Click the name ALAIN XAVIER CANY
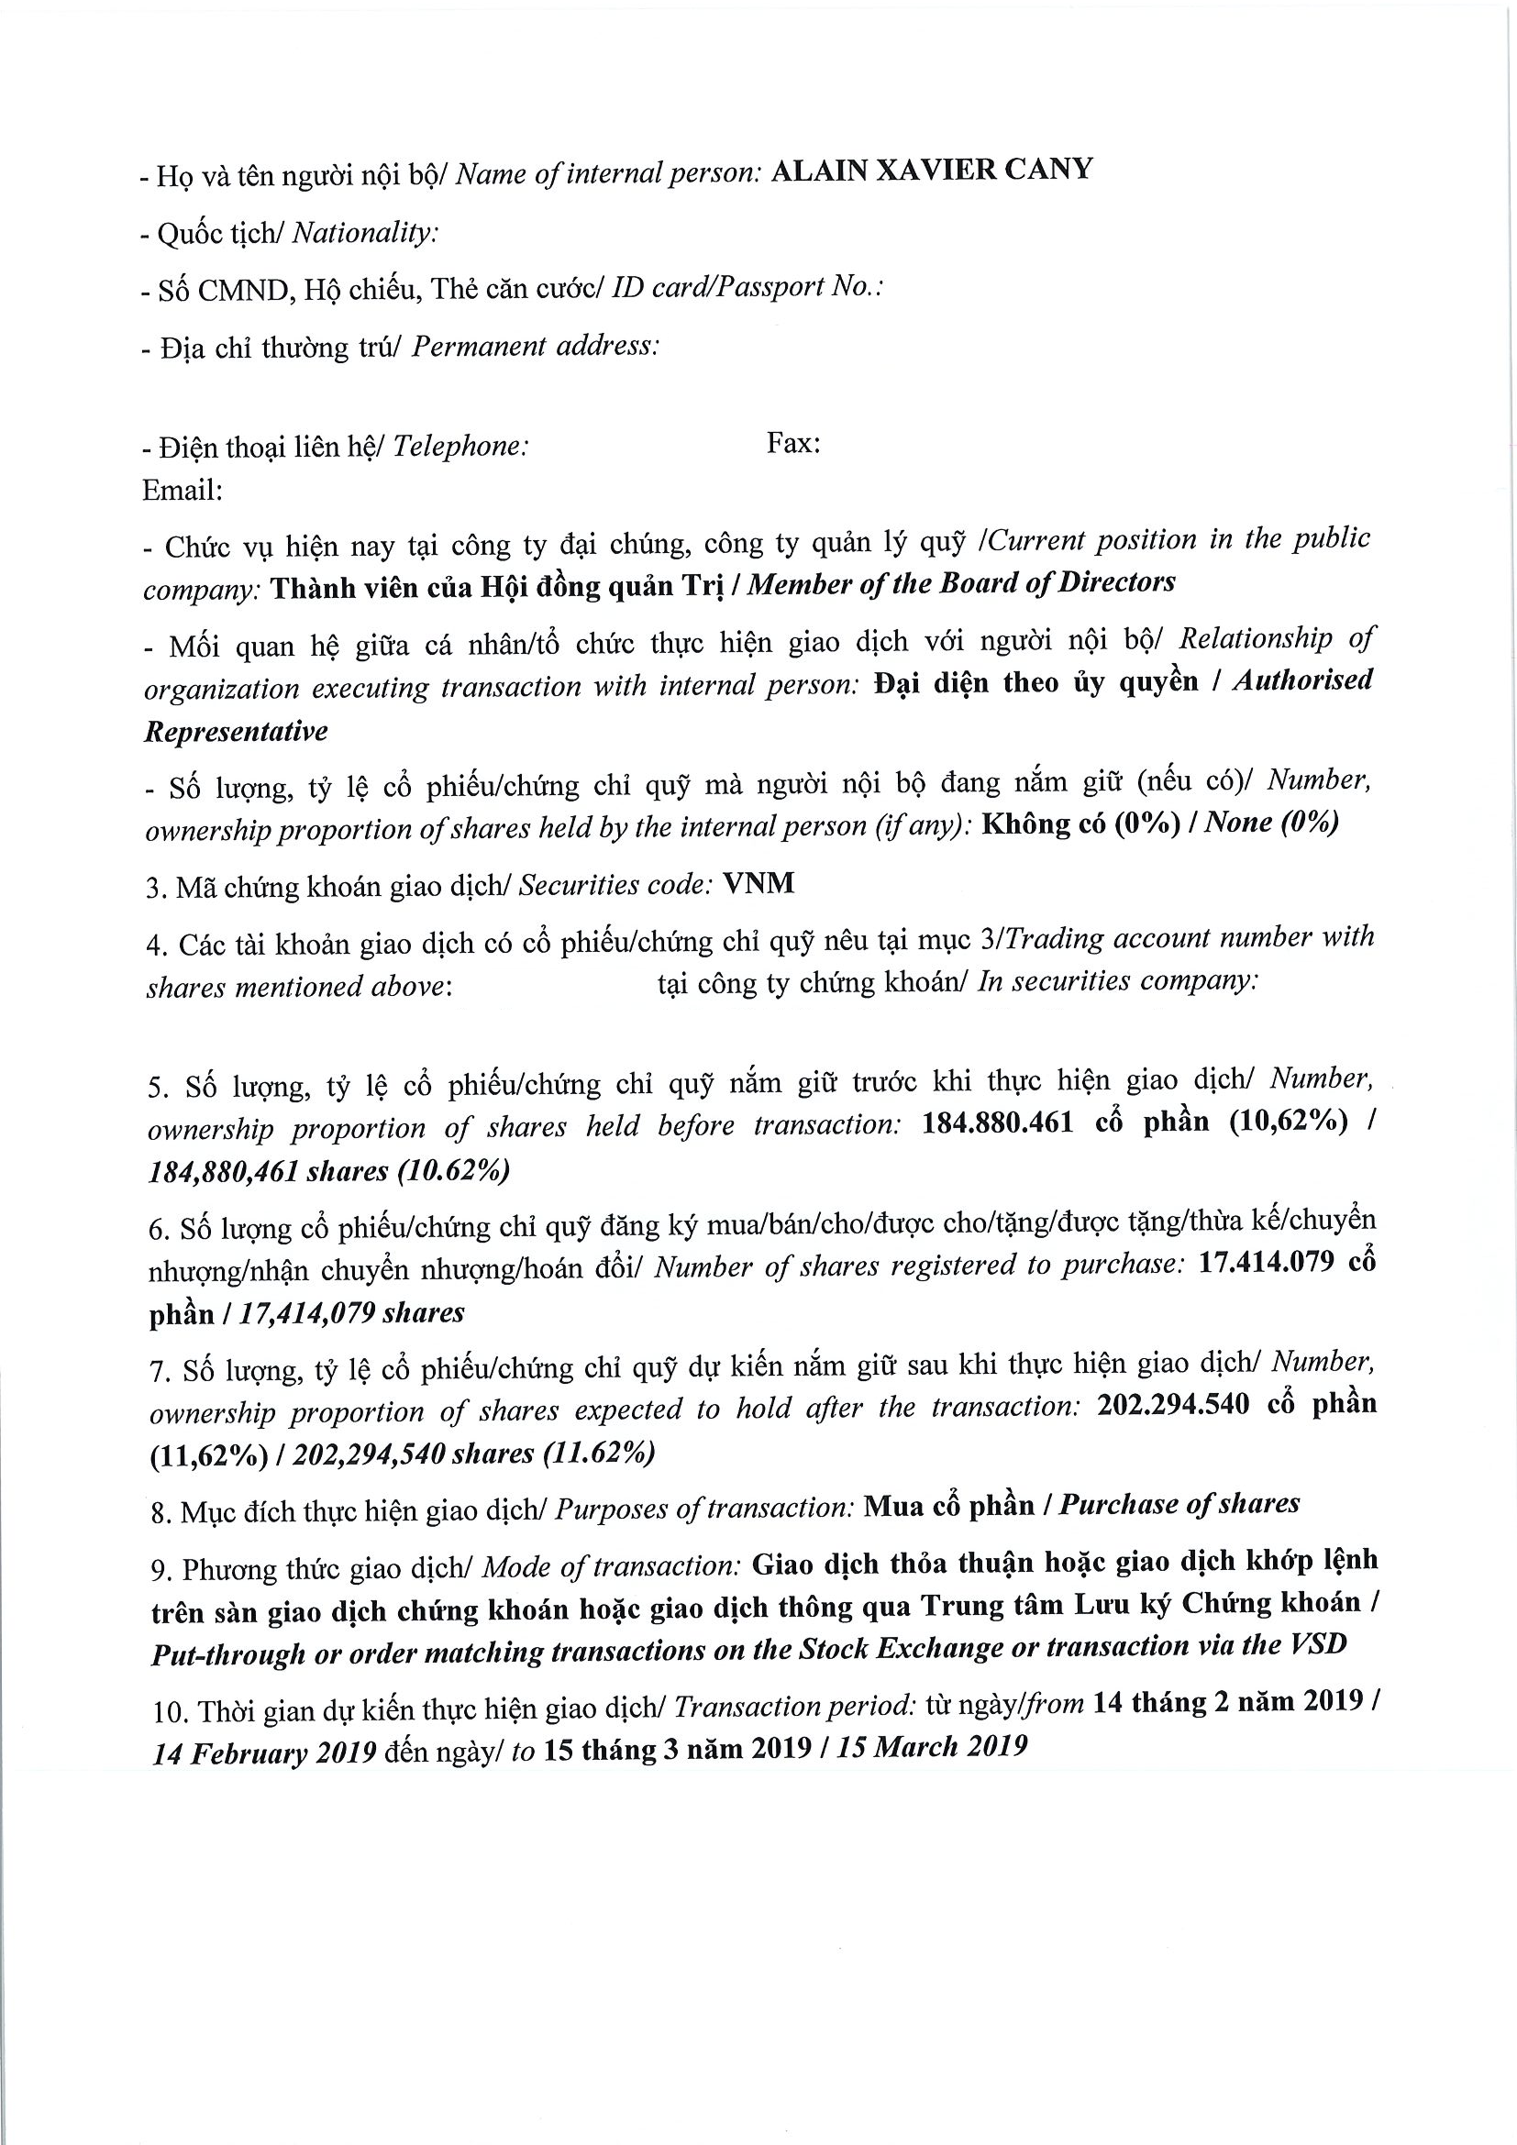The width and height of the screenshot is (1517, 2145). (930, 171)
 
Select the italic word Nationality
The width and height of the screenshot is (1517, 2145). (364, 233)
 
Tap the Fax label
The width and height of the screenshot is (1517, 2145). (793, 443)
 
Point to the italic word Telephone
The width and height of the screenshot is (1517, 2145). (460, 447)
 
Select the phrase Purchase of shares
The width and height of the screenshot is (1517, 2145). (1179, 1504)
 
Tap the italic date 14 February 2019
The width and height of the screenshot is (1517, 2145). (265, 1752)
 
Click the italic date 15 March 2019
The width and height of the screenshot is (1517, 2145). (931, 1746)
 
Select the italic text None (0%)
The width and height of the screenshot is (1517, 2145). (1271, 822)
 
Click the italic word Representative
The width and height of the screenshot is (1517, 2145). (237, 732)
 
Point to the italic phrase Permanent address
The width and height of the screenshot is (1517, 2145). (536, 347)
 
